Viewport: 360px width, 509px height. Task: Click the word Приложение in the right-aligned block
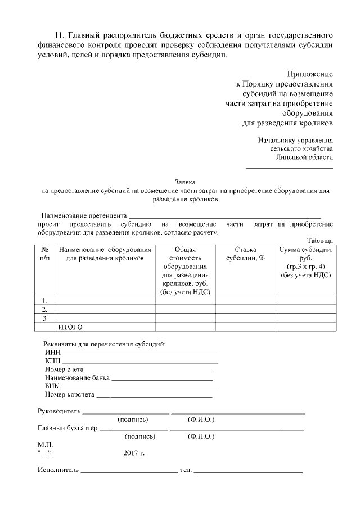coord(310,74)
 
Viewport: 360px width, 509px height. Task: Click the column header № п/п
coord(44,254)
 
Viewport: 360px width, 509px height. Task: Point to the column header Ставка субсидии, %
coord(245,254)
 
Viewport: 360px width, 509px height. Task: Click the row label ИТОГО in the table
coord(71,327)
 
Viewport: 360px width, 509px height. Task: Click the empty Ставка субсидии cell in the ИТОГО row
coord(245,327)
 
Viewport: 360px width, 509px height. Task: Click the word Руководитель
coord(59,411)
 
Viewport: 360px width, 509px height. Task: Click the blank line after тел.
coord(248,470)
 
